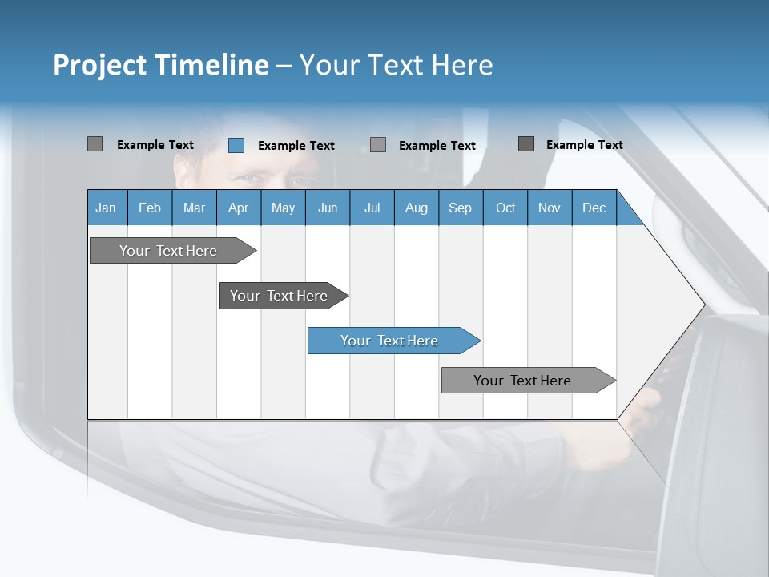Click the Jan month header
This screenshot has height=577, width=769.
point(107,208)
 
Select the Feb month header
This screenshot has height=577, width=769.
point(150,208)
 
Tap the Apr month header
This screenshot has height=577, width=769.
point(238,208)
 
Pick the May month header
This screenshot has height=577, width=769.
point(283,208)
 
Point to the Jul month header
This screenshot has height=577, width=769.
point(372,208)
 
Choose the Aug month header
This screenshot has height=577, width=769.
point(416,208)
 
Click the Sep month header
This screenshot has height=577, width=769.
point(460,208)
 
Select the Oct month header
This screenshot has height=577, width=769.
point(505,208)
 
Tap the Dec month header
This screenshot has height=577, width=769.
point(594,208)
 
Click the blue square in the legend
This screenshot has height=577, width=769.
point(236,145)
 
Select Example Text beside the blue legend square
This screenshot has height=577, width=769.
point(296,146)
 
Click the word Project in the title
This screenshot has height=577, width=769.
point(99,65)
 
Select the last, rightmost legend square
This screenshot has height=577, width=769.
point(526,144)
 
